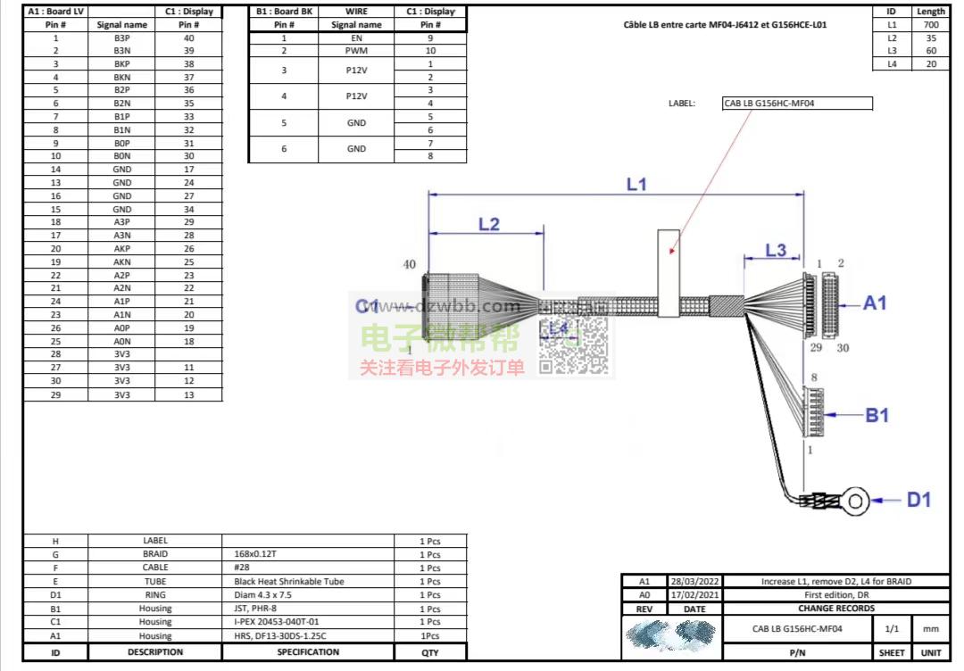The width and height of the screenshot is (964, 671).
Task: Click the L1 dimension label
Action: point(636,185)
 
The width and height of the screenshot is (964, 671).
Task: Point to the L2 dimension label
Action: point(488,224)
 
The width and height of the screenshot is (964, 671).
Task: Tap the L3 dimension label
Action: point(776,250)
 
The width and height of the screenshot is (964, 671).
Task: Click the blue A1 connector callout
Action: point(875,303)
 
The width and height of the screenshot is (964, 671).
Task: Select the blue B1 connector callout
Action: point(877,415)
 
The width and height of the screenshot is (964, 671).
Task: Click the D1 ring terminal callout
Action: point(918,500)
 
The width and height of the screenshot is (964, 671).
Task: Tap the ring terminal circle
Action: point(856,501)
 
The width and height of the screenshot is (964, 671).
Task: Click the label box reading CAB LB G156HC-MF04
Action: point(796,104)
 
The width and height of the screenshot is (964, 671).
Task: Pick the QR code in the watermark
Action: point(575,345)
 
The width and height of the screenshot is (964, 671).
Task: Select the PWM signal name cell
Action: point(356,51)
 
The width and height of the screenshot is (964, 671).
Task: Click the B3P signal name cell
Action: point(122,38)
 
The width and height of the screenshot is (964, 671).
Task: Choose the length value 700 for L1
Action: point(931,25)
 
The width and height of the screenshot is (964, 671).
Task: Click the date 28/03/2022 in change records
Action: point(694,582)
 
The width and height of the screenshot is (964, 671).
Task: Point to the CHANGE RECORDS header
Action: point(835,609)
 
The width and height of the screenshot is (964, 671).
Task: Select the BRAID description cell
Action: point(155,554)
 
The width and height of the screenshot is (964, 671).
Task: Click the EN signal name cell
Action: point(356,38)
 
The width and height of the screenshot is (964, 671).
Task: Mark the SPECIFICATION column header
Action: point(308,652)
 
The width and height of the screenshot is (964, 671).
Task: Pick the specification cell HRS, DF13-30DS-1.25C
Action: point(275,636)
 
